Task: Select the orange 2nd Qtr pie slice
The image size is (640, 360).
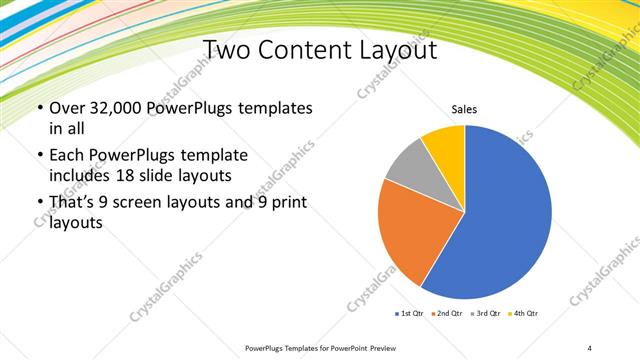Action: coord(405,230)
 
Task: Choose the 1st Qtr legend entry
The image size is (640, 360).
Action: coord(410,314)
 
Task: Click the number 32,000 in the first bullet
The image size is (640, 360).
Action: coord(117,108)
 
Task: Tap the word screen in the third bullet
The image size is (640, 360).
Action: coord(144,203)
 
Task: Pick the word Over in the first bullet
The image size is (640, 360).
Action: coord(66,108)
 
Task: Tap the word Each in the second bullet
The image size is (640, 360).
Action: coord(66,156)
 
